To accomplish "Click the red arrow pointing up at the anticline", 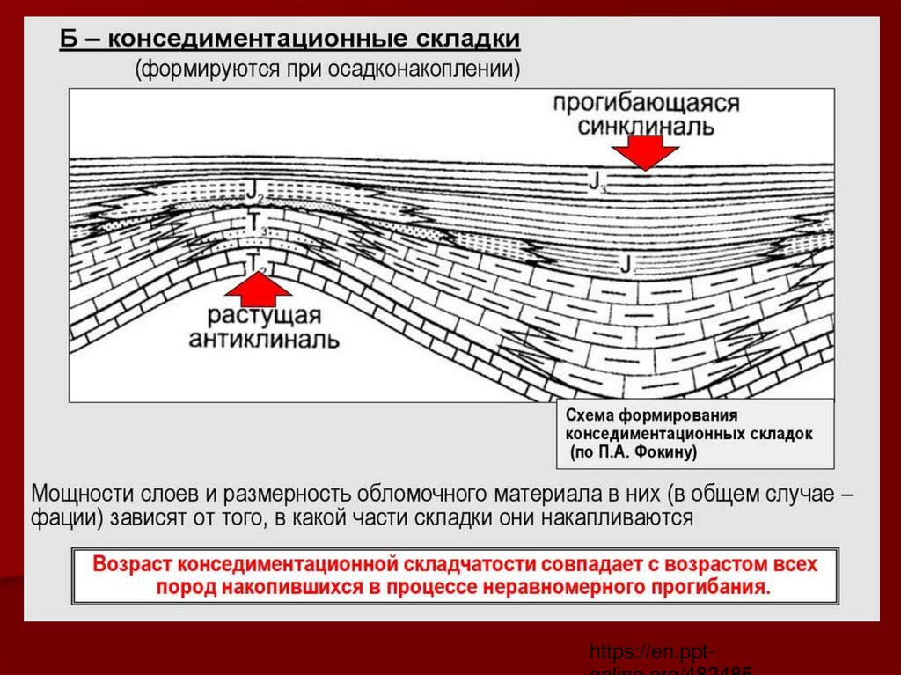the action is [x=258, y=286].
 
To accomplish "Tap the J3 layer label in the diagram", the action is [x=597, y=182].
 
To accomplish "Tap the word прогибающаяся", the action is [x=646, y=103].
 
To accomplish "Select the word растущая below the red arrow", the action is [x=264, y=317].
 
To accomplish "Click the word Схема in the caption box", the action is [x=591, y=415].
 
